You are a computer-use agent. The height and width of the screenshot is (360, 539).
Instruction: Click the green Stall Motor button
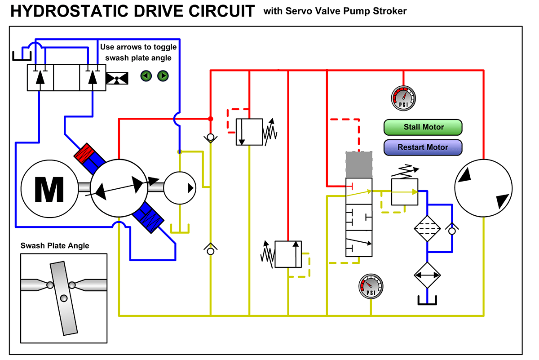point(423,127)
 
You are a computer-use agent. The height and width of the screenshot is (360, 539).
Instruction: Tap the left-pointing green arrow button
point(146,76)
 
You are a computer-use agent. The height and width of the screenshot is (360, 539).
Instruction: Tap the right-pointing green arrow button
point(163,76)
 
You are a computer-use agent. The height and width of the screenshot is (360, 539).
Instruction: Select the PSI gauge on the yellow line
point(371,286)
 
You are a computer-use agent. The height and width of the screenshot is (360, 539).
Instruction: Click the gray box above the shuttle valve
point(359,165)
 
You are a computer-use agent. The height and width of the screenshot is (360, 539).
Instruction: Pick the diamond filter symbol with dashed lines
point(427,229)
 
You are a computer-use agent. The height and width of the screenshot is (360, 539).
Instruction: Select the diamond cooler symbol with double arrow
point(427,275)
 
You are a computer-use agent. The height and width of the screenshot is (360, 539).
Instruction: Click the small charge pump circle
point(179,188)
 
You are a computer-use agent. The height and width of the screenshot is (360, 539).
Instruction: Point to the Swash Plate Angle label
point(55,245)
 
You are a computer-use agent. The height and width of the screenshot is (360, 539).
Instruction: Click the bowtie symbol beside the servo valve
point(117,78)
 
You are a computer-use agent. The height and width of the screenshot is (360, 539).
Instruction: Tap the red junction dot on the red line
point(210,119)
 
